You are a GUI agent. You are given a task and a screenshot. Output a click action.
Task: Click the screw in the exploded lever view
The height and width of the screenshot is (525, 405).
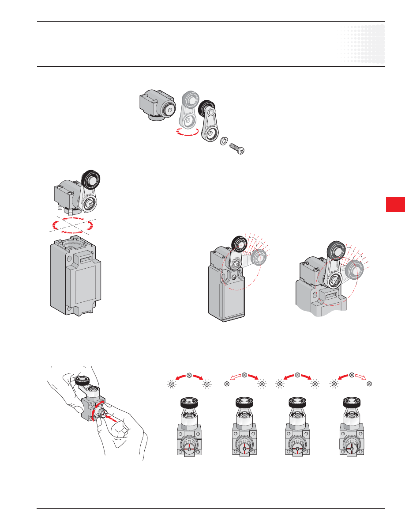click(x=237, y=148)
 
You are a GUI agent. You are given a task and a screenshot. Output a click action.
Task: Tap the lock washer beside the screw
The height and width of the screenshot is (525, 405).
click(x=224, y=141)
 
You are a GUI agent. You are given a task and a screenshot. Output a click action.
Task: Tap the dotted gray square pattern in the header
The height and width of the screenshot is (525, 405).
click(x=362, y=44)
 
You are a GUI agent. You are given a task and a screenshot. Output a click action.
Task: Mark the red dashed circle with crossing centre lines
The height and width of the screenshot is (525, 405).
click(x=71, y=225)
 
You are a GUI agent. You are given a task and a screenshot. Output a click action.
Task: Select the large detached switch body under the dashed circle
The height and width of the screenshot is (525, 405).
click(x=75, y=276)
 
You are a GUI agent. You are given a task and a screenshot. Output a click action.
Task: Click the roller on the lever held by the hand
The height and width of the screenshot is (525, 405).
click(x=81, y=380)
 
